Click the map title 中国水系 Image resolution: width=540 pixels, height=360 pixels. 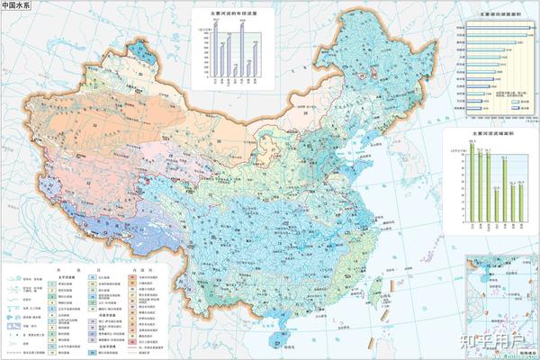(16, 7)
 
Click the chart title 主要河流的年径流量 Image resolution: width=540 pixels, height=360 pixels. (232, 13)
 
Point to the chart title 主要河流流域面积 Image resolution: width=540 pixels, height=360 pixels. (487, 131)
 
